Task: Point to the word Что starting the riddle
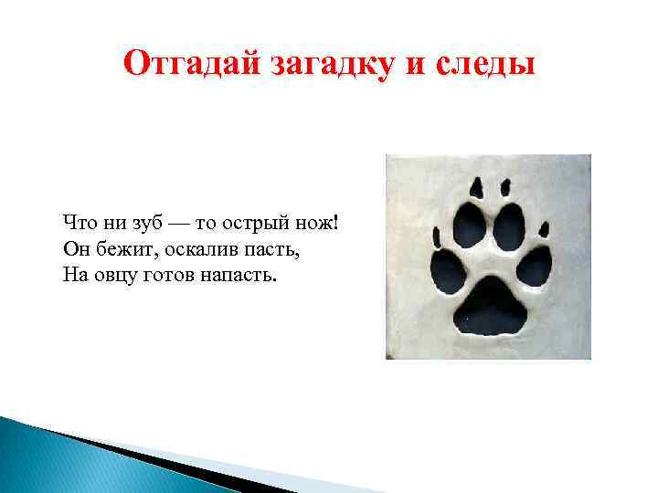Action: [80, 224]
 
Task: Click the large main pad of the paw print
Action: [492, 308]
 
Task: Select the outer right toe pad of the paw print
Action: [535, 267]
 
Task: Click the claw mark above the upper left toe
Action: [478, 187]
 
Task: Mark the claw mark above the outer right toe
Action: [546, 229]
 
